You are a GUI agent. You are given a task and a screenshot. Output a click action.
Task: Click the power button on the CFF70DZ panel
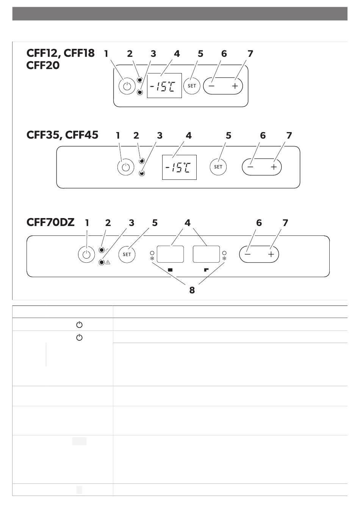point(86,254)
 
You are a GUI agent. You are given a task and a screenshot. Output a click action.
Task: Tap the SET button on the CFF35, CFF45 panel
point(218,167)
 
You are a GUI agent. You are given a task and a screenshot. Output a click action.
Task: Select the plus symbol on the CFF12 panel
point(235,86)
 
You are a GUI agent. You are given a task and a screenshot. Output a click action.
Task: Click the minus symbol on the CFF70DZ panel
point(247,254)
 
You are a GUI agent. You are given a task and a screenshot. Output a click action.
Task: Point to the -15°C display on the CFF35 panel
point(179,167)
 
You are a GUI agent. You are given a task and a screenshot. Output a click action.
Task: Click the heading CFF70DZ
point(50,222)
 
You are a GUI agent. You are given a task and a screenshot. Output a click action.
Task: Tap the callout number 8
point(192,290)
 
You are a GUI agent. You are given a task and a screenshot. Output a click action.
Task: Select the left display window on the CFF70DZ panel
point(170,254)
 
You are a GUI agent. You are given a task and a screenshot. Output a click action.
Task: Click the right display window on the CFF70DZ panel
point(206,254)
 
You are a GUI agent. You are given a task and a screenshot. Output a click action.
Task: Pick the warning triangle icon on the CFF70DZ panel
point(108,262)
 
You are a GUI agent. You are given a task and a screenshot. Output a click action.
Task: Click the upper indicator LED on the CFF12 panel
point(140,80)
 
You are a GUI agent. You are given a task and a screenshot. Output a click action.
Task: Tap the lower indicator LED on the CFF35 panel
point(142,173)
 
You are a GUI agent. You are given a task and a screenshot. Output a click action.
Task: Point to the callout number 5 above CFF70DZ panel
point(155,223)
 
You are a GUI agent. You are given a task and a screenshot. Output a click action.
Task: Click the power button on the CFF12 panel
point(127,86)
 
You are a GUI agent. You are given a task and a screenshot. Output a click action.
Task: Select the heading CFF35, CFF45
point(62,135)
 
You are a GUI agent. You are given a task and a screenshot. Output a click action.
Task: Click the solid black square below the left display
point(170,270)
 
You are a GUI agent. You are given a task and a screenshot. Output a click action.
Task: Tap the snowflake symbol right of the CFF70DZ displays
point(224,259)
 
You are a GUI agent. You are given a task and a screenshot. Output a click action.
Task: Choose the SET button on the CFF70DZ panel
point(127,254)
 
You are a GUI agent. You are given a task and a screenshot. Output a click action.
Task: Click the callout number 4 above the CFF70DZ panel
point(188,223)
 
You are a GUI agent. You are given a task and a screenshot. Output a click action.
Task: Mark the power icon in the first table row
point(79,325)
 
